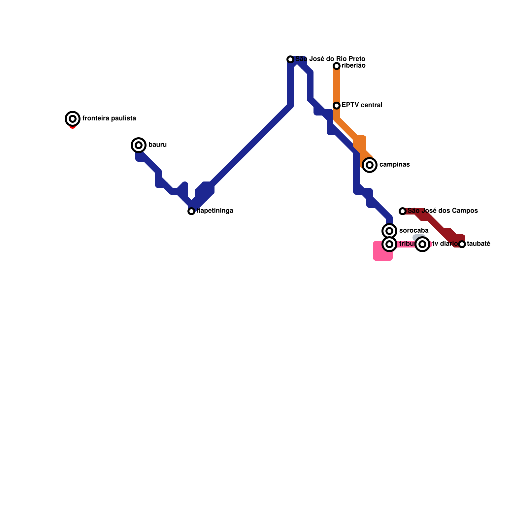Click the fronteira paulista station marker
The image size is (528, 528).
[73, 118]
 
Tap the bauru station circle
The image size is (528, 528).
[139, 145]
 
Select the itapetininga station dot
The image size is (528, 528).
[191, 211]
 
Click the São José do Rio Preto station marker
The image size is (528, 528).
[290, 59]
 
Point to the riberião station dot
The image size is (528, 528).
[337, 66]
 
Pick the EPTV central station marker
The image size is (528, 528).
[337, 106]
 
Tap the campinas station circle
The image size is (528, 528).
[370, 165]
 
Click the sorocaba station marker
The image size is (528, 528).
[389, 231]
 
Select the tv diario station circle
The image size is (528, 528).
[422, 244]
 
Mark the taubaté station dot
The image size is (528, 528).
[462, 244]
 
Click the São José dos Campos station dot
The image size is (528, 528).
[403, 211]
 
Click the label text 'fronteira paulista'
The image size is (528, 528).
[109, 118]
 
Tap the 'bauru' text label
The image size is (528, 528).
[158, 145]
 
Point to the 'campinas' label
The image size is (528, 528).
[395, 164]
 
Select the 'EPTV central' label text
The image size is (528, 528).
[362, 105]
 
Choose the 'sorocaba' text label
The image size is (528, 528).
[414, 230]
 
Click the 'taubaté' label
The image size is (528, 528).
[479, 244]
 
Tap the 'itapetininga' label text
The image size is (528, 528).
[215, 211]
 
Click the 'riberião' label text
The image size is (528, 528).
[354, 65]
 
